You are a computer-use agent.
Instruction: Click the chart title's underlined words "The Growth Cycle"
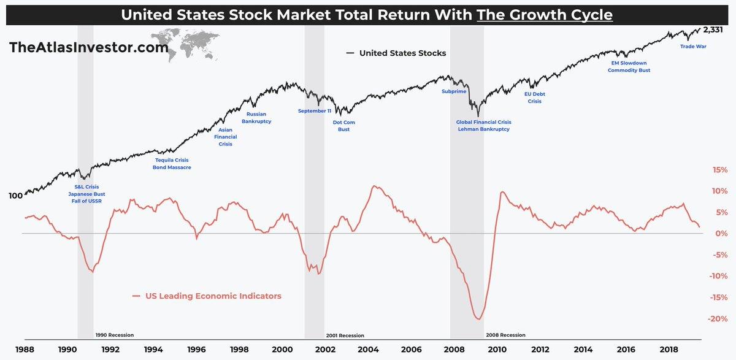click(x=545, y=14)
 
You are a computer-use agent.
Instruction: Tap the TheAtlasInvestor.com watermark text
click(x=88, y=47)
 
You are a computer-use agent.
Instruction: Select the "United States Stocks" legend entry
click(x=402, y=53)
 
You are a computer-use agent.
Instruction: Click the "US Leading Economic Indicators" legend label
click(x=213, y=296)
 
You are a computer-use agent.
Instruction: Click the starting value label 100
click(x=15, y=196)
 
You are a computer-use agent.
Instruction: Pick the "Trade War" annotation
click(x=694, y=46)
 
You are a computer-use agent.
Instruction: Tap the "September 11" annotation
click(x=315, y=111)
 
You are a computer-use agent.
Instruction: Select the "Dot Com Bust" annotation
click(x=344, y=126)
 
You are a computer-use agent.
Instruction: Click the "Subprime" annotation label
click(x=454, y=92)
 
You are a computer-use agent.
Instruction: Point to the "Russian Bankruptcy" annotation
click(x=256, y=118)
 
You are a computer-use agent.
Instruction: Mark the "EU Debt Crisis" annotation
click(x=535, y=98)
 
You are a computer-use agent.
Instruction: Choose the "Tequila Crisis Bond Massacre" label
click(x=172, y=164)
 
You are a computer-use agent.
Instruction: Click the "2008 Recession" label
click(x=505, y=335)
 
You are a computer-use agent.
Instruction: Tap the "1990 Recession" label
click(x=115, y=335)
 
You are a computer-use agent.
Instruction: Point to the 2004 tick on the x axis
click(x=368, y=350)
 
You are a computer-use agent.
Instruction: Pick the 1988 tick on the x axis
click(x=25, y=350)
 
